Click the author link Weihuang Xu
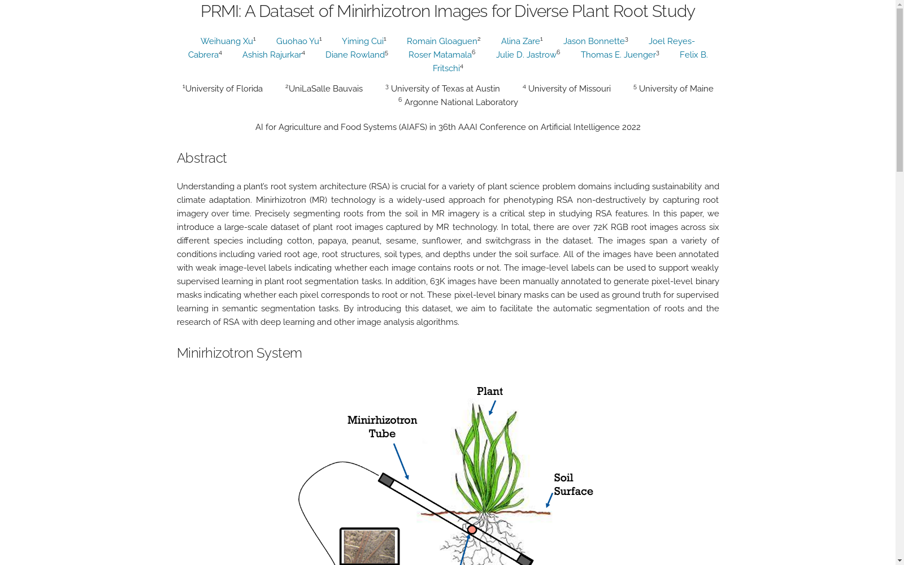[x=227, y=41]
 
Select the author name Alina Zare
[x=520, y=41]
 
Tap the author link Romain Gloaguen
[x=442, y=41]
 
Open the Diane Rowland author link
[x=355, y=55]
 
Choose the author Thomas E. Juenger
[x=618, y=55]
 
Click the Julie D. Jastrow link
[x=526, y=55]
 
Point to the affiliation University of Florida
[x=224, y=89]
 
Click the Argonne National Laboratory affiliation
[x=461, y=102]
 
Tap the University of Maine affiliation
[x=676, y=89]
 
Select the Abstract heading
[x=202, y=158]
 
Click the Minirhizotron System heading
[x=240, y=353]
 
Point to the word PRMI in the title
[x=220, y=11]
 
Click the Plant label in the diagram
[x=489, y=392]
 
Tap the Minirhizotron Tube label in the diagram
[x=382, y=427]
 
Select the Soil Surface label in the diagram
[x=573, y=485]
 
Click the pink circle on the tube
[x=472, y=529]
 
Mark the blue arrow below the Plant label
[x=492, y=407]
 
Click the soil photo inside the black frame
[x=370, y=547]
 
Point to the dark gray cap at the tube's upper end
[x=386, y=480]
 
